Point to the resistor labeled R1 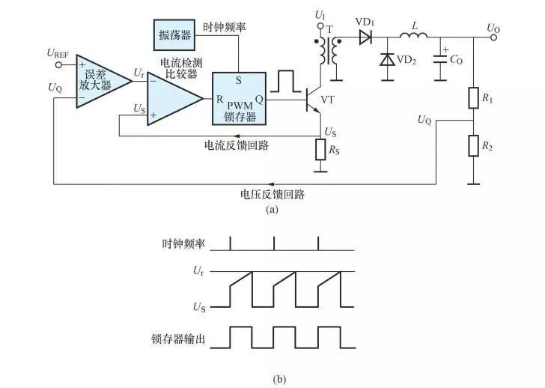point(473,98)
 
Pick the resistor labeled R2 point(473,145)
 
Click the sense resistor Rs point(321,150)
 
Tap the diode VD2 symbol point(387,59)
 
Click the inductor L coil point(410,34)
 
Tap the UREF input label point(58,52)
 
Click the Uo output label point(493,28)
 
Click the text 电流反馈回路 point(237,145)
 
